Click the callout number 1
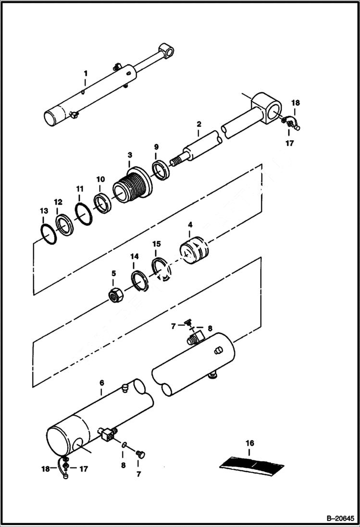86,74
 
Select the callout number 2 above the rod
198,124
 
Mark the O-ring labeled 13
47,233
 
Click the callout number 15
156,244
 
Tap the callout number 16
250,443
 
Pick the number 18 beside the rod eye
296,103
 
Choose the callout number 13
44,211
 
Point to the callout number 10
100,179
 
